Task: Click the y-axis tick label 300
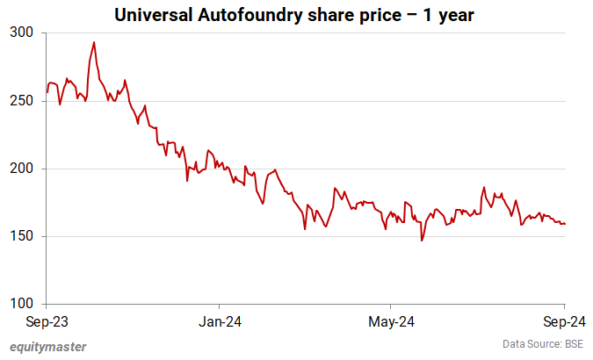[21, 32]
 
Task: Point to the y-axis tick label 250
[21, 101]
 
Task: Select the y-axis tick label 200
[21, 169]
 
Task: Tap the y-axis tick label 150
[21, 236]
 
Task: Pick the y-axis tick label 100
[21, 304]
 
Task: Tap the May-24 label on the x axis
[392, 321]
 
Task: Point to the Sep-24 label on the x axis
[561, 321]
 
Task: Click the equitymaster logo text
[48, 347]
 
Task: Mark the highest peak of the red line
[94, 42]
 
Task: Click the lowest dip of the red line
[422, 241]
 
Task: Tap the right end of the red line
[565, 224]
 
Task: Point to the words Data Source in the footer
[528, 343]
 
